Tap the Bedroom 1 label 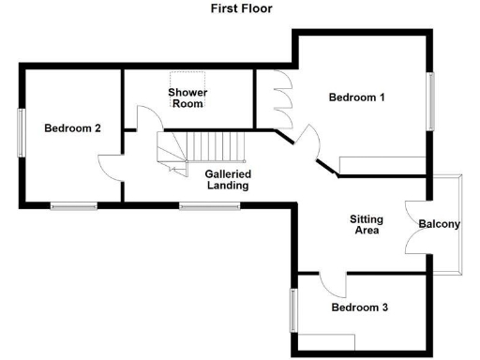(356, 97)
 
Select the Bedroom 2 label (72, 128)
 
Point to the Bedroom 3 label (359, 307)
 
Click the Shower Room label (187, 97)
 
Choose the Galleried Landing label (228, 179)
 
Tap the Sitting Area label (365, 224)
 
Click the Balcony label (439, 224)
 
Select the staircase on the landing (202, 149)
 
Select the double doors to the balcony (414, 225)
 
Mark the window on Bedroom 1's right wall (431, 101)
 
